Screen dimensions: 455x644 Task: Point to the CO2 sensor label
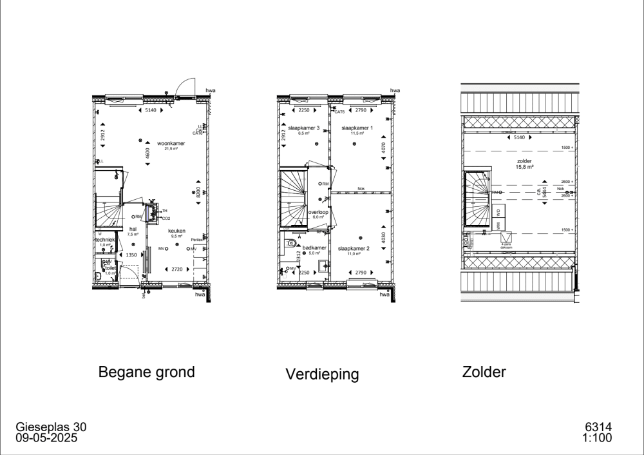pyautogui.click(x=166, y=218)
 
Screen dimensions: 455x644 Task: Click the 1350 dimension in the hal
pyautogui.click(x=131, y=255)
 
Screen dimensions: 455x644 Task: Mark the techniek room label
pyautogui.click(x=104, y=239)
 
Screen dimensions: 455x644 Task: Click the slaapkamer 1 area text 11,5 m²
pyautogui.click(x=357, y=133)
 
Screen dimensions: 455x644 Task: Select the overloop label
pyautogui.click(x=318, y=211)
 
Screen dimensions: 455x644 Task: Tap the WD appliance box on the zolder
pyautogui.click(x=498, y=211)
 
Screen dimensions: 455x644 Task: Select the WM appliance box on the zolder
pyautogui.click(x=498, y=225)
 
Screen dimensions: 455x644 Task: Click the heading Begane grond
pyautogui.click(x=146, y=372)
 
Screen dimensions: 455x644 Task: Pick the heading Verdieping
pyautogui.click(x=322, y=374)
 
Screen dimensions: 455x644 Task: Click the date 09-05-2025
pyautogui.click(x=47, y=438)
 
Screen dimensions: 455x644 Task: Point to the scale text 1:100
pyautogui.click(x=596, y=438)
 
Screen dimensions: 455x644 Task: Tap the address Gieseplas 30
pyautogui.click(x=50, y=427)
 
